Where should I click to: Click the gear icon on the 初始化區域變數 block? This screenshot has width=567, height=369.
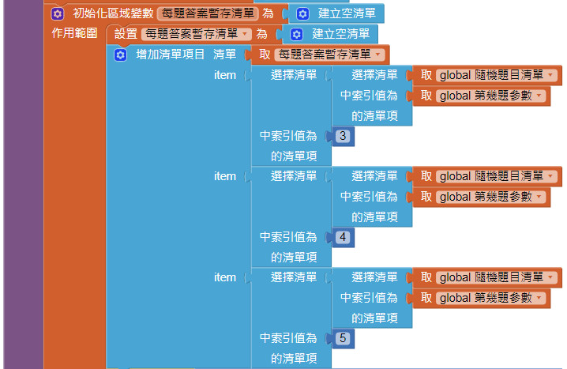(x=57, y=13)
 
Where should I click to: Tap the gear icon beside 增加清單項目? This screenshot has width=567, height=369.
(x=120, y=55)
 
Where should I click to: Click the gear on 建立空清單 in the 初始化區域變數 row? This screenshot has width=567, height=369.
(x=302, y=13)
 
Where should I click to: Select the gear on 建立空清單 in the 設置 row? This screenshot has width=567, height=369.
(x=296, y=34)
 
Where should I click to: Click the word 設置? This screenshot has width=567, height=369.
(x=126, y=34)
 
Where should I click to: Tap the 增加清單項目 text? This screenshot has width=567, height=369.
(x=171, y=55)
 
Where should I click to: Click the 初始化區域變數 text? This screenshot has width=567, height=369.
(x=107, y=13)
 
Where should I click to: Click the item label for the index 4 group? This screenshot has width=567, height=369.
(x=225, y=176)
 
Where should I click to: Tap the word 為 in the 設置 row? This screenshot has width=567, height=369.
(x=261, y=34)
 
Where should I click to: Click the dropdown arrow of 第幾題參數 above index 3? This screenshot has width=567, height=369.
(x=539, y=96)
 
